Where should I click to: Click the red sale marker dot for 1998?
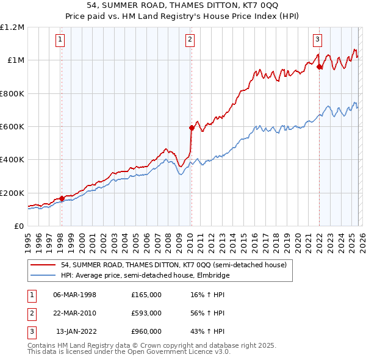62,198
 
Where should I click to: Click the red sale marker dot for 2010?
192,128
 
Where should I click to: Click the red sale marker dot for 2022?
319,67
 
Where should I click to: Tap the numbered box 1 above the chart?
61,40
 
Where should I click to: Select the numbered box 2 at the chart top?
190,40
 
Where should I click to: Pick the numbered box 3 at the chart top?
318,40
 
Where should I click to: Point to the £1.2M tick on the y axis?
12,27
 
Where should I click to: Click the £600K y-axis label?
12,127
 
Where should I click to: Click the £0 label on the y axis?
18,226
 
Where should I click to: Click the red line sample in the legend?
44,265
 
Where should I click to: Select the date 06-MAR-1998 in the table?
74,295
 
